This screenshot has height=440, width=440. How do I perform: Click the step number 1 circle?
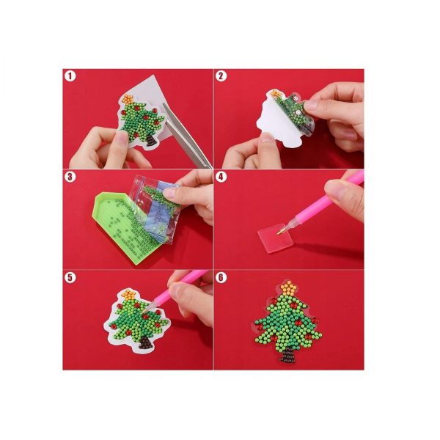pos(70,76)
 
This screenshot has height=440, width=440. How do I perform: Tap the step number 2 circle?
pos(221,76)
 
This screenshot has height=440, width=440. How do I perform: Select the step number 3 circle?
pos(70,177)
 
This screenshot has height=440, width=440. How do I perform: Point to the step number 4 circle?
pos(221,177)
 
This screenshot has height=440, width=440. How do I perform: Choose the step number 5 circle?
pos(70,277)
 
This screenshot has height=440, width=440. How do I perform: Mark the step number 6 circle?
pos(221,277)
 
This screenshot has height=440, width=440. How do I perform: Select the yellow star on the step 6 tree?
pos(289,287)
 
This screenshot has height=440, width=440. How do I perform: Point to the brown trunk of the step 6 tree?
pos(288,355)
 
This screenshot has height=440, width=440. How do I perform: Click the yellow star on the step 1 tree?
pos(128,99)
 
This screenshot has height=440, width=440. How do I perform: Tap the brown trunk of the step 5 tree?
pos(146,342)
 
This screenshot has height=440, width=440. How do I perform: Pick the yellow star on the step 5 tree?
pos(129,294)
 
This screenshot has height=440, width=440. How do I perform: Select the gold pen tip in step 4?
pos(279,232)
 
